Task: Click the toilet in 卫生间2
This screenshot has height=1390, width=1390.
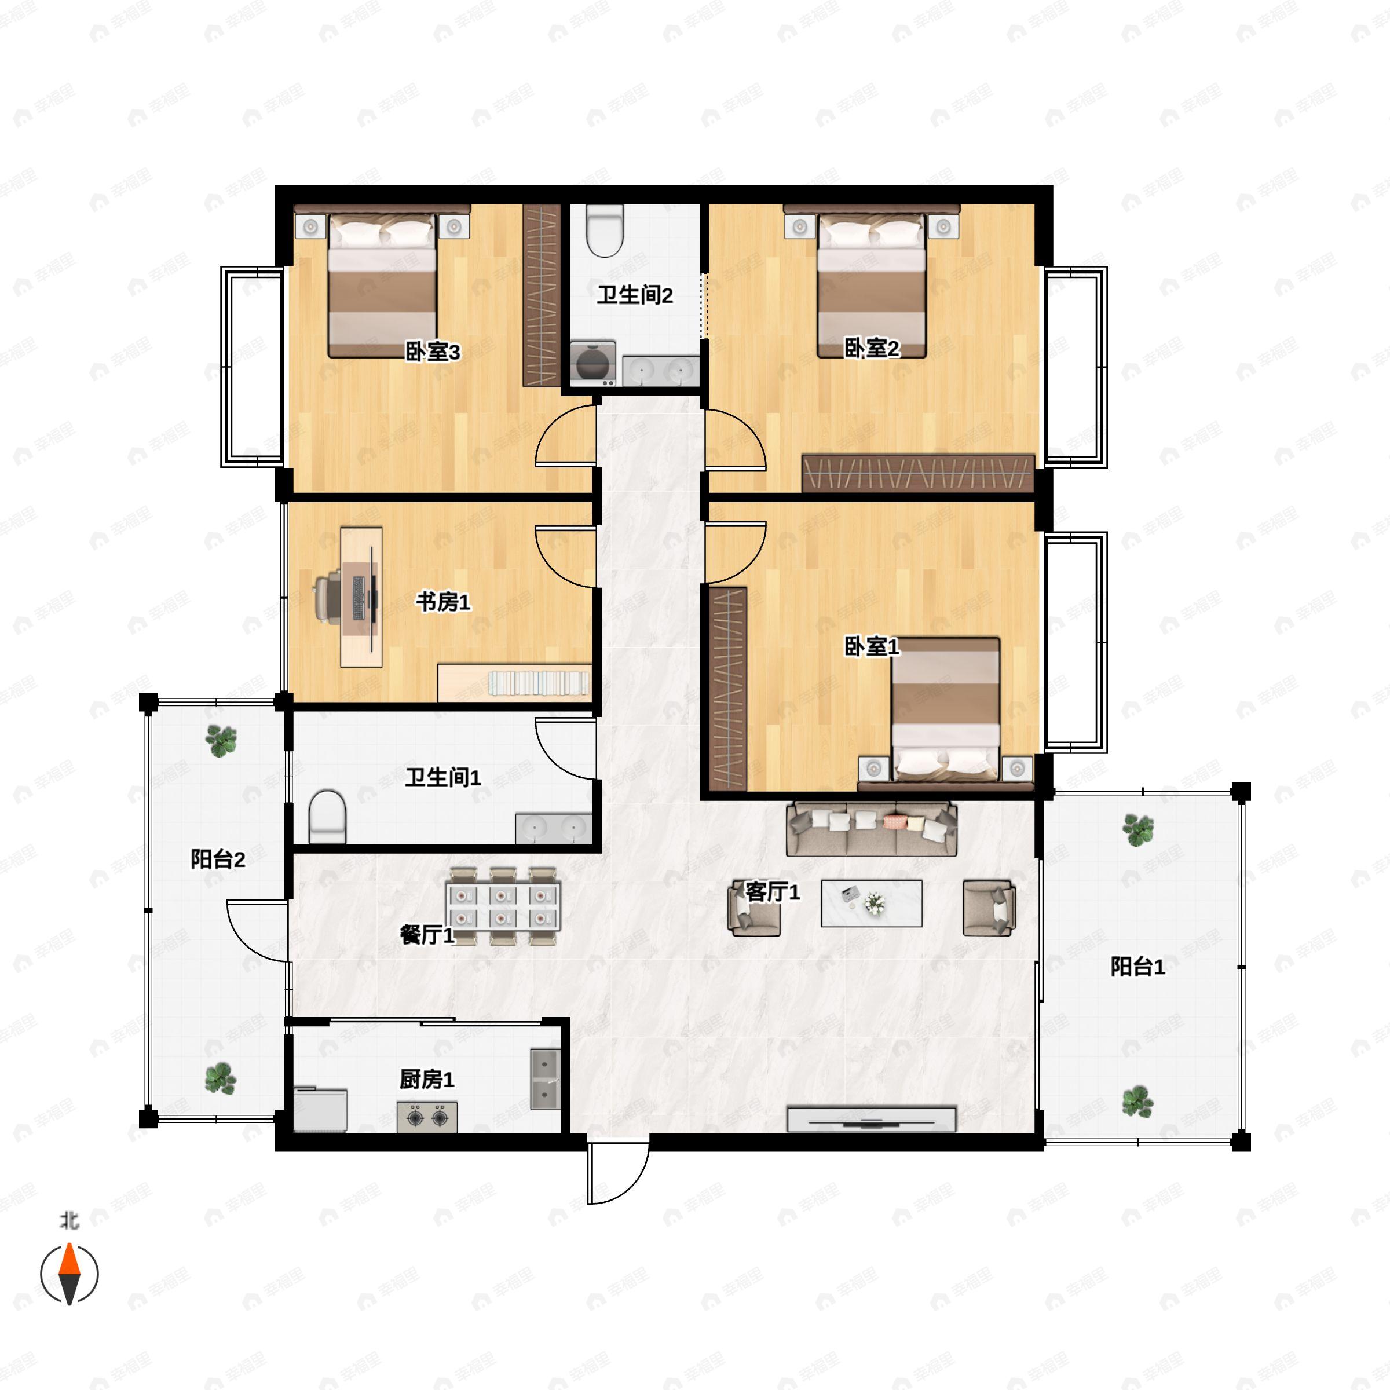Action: point(604,231)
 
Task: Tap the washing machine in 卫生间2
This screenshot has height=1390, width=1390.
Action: point(593,362)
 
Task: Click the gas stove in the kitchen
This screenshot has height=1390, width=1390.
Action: point(427,1117)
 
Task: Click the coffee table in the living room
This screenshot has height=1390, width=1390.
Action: point(871,904)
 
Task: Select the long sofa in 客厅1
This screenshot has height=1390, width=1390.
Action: point(871,829)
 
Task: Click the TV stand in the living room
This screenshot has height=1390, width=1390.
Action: point(871,1120)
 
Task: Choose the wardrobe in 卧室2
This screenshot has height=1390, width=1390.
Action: point(918,473)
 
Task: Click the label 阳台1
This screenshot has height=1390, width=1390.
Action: point(1137,966)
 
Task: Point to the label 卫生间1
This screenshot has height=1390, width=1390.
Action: point(442,777)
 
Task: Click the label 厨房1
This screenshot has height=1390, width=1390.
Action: point(427,1079)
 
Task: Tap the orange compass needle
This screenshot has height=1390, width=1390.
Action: point(69,1260)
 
